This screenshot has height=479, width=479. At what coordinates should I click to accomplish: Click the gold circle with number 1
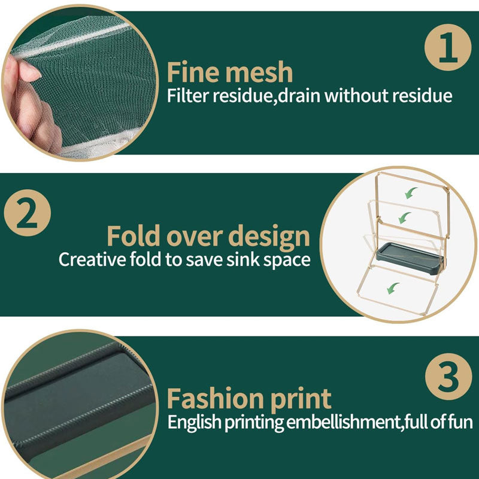click(448, 47)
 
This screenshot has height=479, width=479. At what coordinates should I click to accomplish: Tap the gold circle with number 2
click(28, 213)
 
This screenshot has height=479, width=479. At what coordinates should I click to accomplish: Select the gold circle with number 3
click(448, 377)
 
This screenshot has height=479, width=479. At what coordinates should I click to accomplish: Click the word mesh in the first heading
click(259, 72)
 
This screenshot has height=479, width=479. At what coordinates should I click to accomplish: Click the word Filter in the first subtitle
click(187, 95)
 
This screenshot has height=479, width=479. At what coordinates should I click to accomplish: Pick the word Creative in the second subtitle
click(92, 259)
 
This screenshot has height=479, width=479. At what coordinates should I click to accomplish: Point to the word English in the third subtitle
click(194, 423)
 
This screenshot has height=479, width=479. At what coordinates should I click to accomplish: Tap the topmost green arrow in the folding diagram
click(411, 193)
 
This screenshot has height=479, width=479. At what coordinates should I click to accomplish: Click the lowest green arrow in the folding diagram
click(393, 289)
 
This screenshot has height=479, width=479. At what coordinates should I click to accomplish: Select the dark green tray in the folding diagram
click(410, 259)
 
